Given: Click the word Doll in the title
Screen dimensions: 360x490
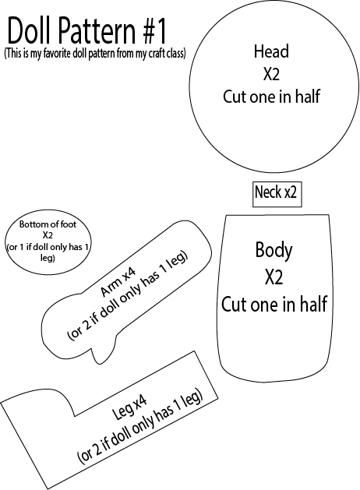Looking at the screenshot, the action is click(x=28, y=30).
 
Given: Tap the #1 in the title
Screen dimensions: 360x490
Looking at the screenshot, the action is click(x=155, y=30).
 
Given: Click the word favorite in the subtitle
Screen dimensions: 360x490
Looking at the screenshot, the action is click(x=58, y=53).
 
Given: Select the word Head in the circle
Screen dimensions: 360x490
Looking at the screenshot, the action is click(x=271, y=51).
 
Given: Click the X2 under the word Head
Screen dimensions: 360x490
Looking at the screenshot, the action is click(x=271, y=74).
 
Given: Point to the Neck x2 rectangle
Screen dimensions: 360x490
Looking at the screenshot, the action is click(x=277, y=195).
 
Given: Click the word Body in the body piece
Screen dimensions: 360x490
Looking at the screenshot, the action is click(x=274, y=251).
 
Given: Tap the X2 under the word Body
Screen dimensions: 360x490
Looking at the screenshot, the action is click(x=274, y=277).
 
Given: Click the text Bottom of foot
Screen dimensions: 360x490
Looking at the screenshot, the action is click(x=48, y=224).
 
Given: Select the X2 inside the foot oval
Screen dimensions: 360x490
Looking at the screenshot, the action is click(x=48, y=235).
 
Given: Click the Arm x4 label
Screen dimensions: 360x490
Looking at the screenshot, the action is click(x=118, y=283).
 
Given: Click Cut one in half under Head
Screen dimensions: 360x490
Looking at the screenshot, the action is click(x=271, y=97).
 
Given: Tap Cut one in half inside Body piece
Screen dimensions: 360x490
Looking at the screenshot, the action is click(x=274, y=304).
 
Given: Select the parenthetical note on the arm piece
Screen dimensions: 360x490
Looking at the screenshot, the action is click(x=128, y=295).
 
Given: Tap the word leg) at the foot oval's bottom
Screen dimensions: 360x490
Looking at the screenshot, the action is click(x=48, y=258).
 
